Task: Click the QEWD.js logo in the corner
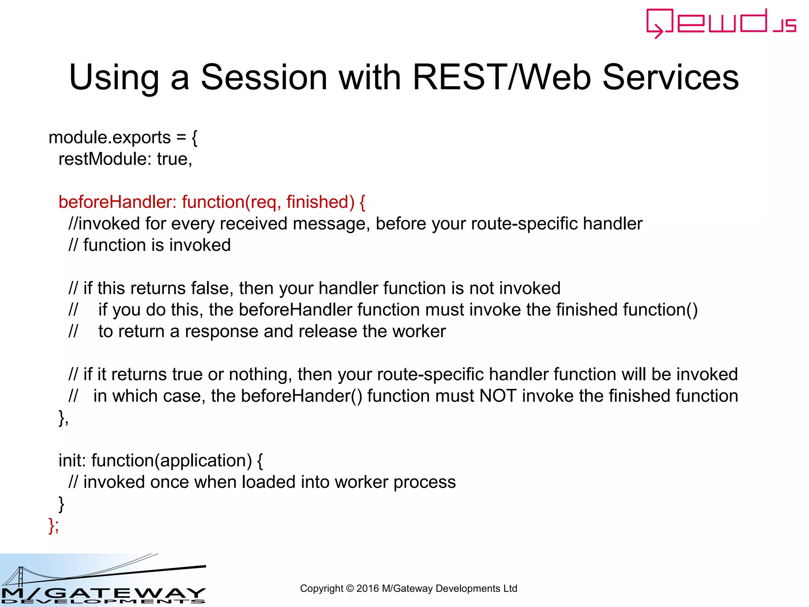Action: coord(721,23)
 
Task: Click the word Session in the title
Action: coord(264,77)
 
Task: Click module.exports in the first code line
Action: coord(109,138)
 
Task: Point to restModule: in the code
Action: coord(105,159)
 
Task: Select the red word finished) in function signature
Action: coord(320,202)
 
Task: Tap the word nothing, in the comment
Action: coord(260,375)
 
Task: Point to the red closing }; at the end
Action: coord(54,525)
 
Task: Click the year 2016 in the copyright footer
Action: coord(367,588)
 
